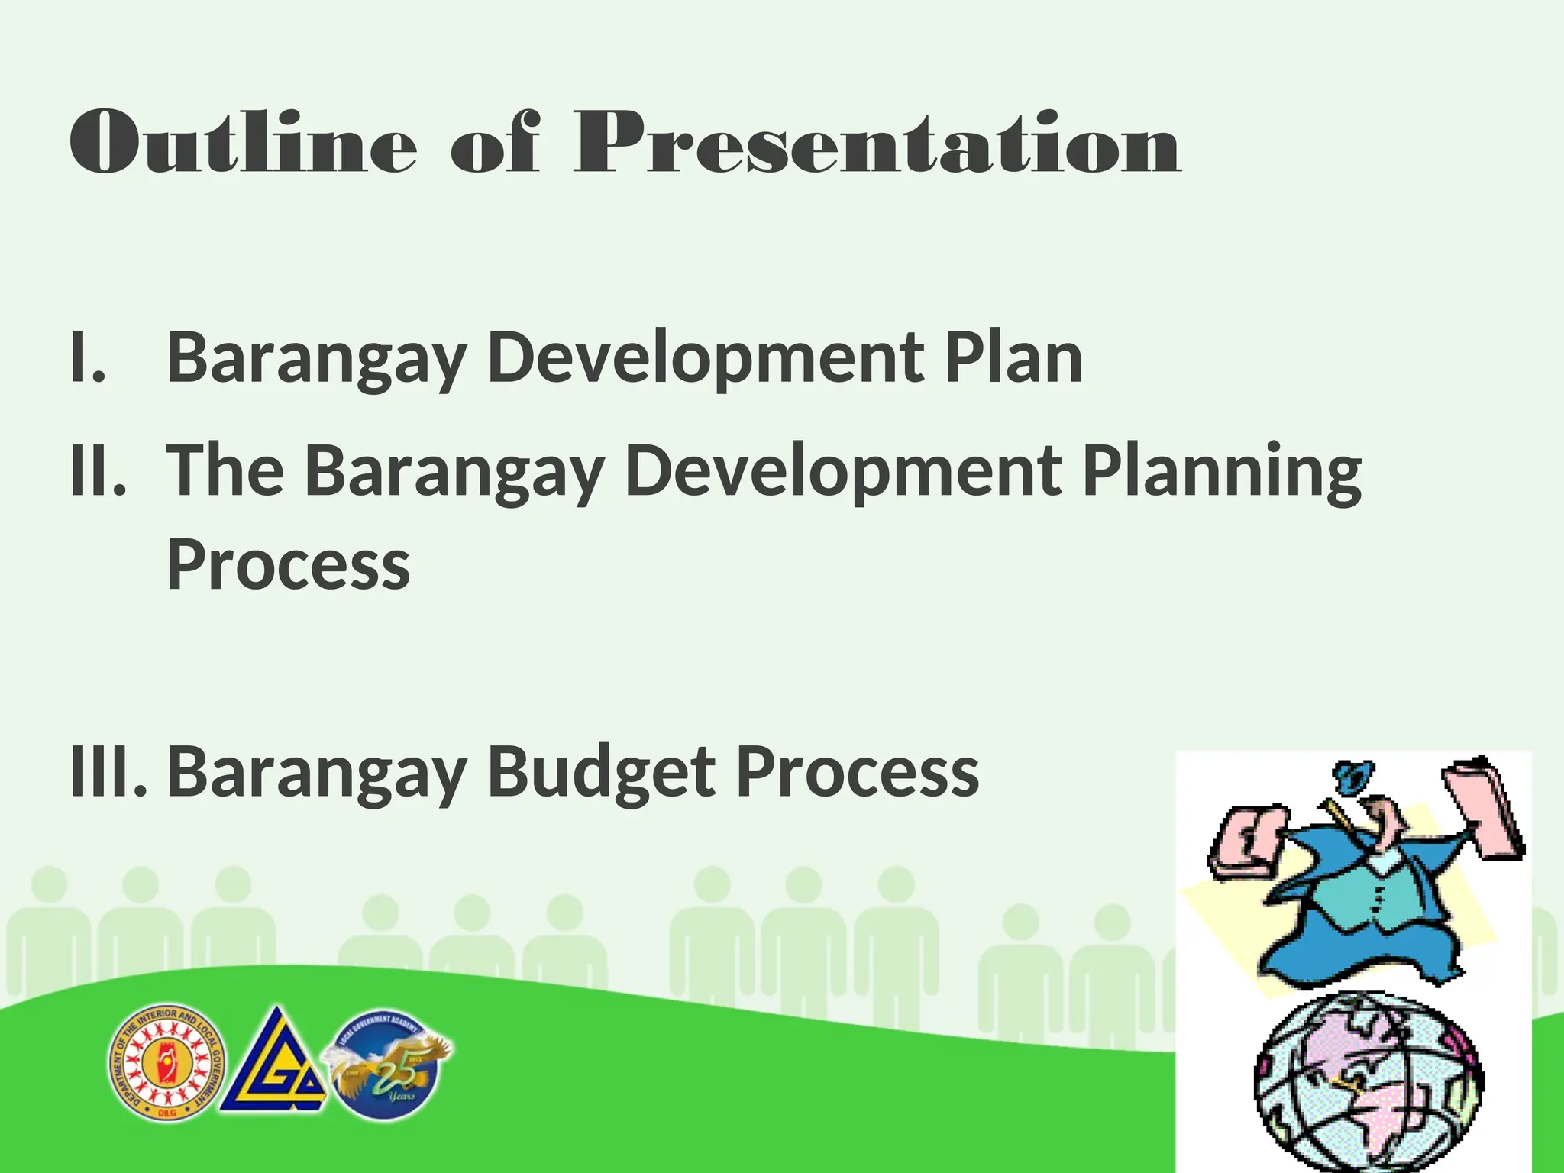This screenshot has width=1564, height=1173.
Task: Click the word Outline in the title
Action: (x=243, y=143)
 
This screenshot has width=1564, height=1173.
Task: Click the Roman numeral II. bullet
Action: (x=98, y=470)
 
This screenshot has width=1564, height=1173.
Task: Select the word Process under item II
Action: (x=289, y=565)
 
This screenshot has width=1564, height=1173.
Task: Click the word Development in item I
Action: (x=703, y=357)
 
